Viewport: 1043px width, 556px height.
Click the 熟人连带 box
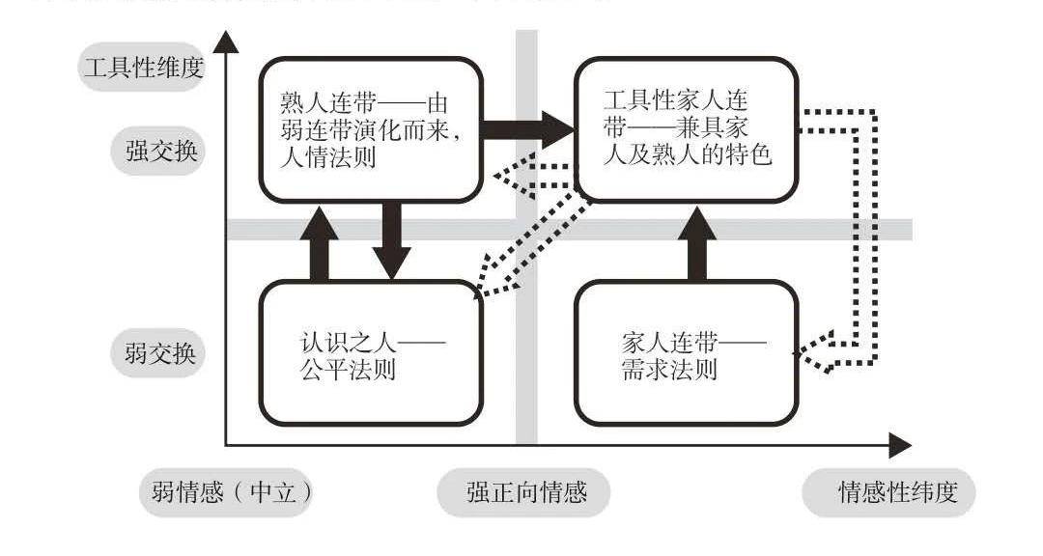pyautogui.click(x=370, y=129)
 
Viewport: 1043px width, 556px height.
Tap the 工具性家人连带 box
pyautogui.click(x=686, y=129)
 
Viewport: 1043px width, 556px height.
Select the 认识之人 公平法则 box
pyautogui.click(x=370, y=353)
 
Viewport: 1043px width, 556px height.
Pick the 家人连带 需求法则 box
pyautogui.click(x=686, y=353)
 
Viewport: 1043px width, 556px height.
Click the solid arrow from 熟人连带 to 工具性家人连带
pyautogui.click(x=526, y=129)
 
